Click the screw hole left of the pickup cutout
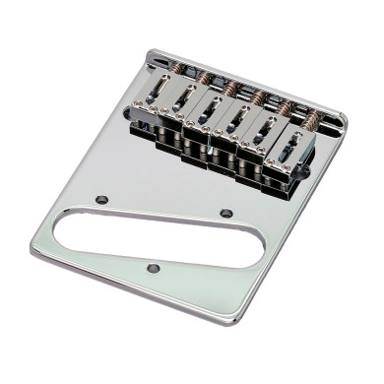click(101, 200)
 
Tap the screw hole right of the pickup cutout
click(226, 212)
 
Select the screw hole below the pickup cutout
click(153, 266)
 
